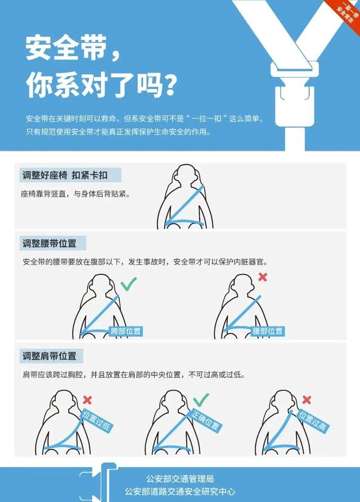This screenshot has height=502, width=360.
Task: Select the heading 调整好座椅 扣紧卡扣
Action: point(65,175)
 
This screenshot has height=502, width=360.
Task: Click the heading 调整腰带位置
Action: point(54,243)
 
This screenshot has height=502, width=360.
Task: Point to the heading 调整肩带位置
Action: point(54,356)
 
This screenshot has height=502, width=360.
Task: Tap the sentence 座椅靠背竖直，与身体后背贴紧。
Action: point(75,194)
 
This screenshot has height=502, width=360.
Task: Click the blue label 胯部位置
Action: point(126,331)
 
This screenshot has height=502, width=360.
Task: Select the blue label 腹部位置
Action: point(268,331)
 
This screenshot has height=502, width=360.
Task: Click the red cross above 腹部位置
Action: point(262,277)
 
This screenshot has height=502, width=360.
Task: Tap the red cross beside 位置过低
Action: point(87,400)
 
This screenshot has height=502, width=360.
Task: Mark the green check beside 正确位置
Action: point(201,400)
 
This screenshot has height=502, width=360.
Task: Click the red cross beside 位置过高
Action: point(307,400)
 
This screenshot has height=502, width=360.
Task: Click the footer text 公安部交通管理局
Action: point(180,479)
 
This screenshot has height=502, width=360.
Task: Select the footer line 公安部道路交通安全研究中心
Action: point(180,491)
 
